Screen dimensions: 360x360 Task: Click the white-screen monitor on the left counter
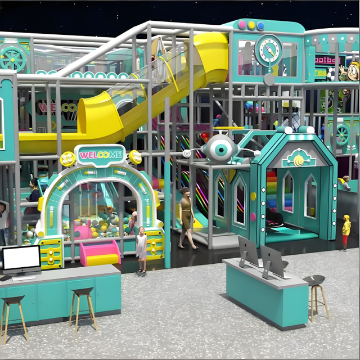pyautogui.click(x=21, y=259)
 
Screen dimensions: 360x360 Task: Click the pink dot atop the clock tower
pyautogui.click(x=242, y=25)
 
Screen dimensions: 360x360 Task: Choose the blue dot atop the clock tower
pyautogui.click(x=260, y=25)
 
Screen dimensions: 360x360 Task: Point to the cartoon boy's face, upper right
pyautogui.click(x=352, y=71)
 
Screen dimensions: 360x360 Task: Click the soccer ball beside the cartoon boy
pyautogui.click(x=331, y=74)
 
